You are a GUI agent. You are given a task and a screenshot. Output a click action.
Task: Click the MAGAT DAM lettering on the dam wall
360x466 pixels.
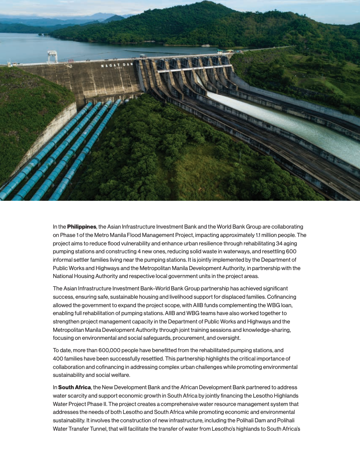116,65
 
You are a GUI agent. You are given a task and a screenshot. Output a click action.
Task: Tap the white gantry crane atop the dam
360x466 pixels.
52,56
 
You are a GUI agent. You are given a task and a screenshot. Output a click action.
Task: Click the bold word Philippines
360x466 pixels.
82,226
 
